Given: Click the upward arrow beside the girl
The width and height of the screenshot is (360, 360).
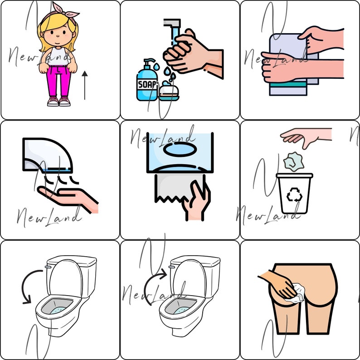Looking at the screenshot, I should coord(85,84).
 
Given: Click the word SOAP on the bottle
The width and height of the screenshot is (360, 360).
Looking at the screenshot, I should coord(146,85).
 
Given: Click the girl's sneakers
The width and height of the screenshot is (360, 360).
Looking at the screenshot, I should coord(59,101).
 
